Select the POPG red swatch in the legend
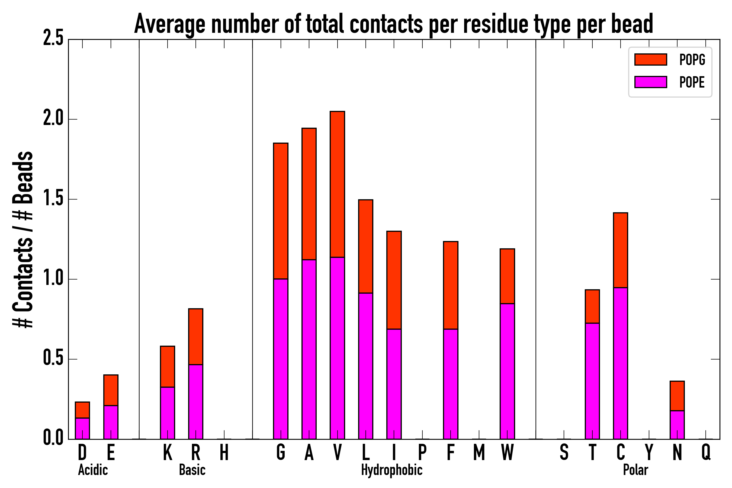click(x=650, y=59)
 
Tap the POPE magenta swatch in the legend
click(x=650, y=82)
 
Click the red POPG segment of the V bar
click(x=337, y=184)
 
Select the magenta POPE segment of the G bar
click(x=281, y=358)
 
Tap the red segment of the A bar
click(x=309, y=193)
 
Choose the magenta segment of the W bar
click(x=507, y=370)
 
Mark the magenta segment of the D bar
click(x=82, y=428)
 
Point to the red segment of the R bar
click(x=196, y=336)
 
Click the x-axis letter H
click(x=224, y=452)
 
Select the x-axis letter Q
click(x=706, y=452)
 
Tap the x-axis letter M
click(x=479, y=452)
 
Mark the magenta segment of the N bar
click(x=677, y=425)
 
